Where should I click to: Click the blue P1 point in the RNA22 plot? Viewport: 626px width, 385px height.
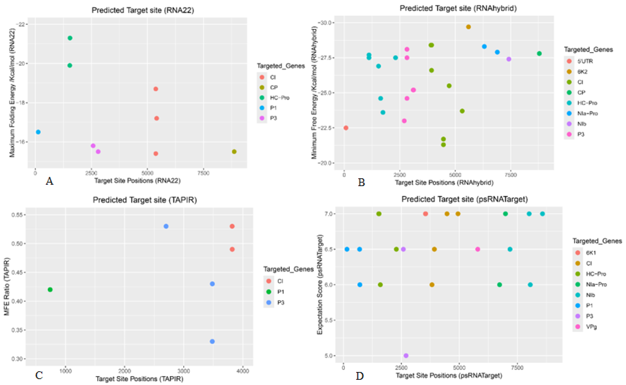[x=38, y=132]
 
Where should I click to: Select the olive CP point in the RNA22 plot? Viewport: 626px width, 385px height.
[x=234, y=152]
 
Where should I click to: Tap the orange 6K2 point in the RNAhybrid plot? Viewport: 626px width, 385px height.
[x=468, y=27]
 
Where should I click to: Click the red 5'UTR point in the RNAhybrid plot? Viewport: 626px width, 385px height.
[x=346, y=128]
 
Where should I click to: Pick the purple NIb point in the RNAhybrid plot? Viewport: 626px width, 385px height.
[x=509, y=59]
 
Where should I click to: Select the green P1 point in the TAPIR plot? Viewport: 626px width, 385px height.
[x=50, y=290]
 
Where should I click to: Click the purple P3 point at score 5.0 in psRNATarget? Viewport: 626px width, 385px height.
[x=406, y=355]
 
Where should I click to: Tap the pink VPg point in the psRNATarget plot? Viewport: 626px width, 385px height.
[x=478, y=249]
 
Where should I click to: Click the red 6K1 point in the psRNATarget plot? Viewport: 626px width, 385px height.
[x=425, y=214]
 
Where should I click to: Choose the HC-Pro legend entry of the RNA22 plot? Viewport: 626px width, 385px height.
[x=279, y=98]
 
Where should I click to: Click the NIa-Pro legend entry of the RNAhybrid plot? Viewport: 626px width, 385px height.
[x=587, y=113]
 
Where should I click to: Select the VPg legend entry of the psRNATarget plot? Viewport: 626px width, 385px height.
[x=591, y=326]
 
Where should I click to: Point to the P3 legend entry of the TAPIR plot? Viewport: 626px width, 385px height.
[x=280, y=302]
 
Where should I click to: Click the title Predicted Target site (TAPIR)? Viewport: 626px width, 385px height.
[x=145, y=200]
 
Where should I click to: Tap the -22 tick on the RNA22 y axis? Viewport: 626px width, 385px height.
[x=21, y=24]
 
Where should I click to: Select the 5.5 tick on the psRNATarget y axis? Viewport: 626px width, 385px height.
[x=329, y=320]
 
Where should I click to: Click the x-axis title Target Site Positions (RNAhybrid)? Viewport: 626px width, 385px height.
[x=444, y=183]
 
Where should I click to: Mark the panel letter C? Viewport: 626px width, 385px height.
[x=39, y=375]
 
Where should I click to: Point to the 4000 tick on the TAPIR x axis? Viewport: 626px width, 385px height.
[x=243, y=371]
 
